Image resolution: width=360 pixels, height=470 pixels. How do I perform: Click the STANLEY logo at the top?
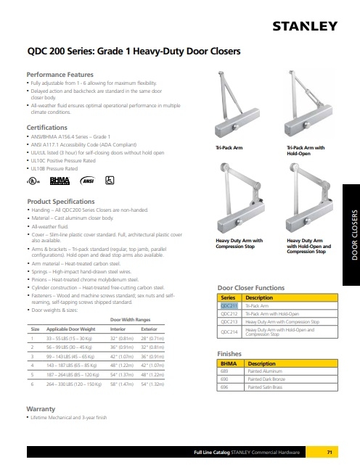pos(304,27)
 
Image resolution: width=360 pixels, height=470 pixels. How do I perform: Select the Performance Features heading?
pos(60,75)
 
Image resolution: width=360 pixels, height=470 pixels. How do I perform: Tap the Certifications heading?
pos(47,127)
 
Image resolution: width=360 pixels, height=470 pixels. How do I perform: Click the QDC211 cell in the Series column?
pos(229,305)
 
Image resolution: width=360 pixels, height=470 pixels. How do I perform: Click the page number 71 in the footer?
pos(329,453)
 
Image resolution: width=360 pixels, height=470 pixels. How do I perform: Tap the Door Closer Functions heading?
pos(252,289)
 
